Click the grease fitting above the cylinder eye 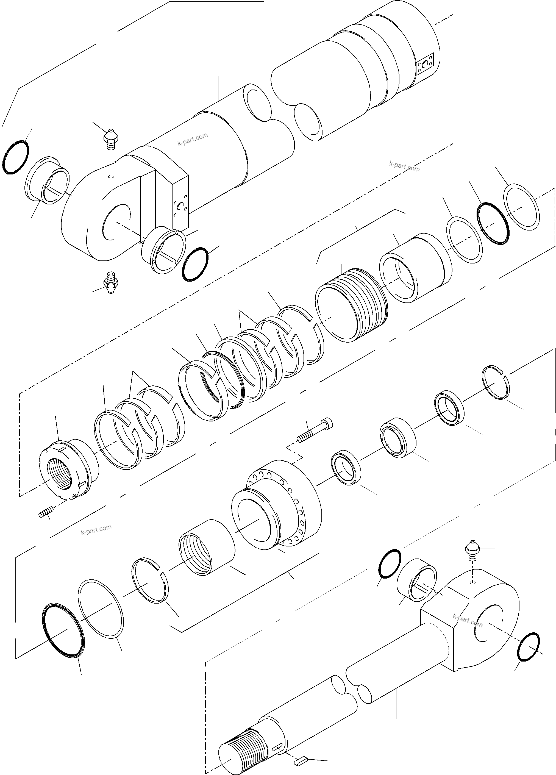pyautogui.click(x=110, y=139)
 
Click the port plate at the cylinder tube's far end pyautogui.click(x=426, y=63)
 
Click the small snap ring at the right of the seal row pyautogui.click(x=496, y=382)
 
